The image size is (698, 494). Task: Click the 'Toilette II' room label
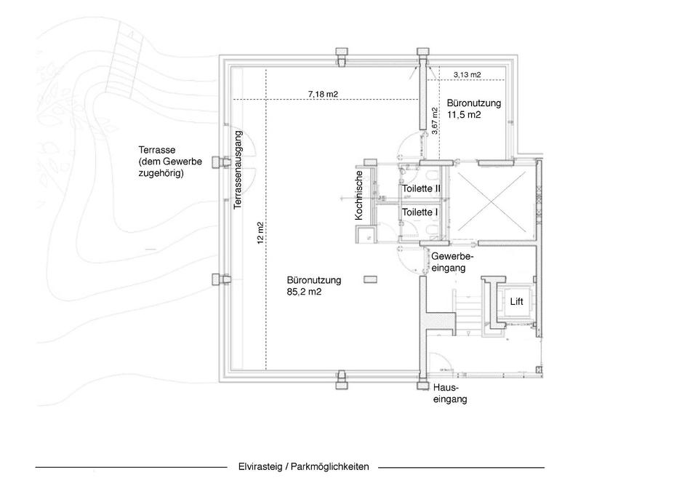[x=422, y=188]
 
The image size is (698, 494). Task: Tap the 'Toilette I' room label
[x=420, y=212]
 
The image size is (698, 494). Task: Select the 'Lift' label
[x=516, y=300]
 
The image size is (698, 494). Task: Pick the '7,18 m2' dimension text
[x=323, y=94]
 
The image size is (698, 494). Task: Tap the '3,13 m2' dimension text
[x=467, y=75]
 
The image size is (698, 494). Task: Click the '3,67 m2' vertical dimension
[x=435, y=121]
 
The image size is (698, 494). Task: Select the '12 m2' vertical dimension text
[x=260, y=233]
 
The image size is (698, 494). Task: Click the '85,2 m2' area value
[x=305, y=292]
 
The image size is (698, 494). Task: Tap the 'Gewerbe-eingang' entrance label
[x=452, y=263]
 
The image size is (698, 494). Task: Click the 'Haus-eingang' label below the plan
[x=450, y=394]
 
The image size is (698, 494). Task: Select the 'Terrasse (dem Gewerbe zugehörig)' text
[x=170, y=162]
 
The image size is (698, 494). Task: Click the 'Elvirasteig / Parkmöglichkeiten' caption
[x=303, y=467]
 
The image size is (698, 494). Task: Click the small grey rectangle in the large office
[x=371, y=278]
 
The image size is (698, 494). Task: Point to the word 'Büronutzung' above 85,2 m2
[x=314, y=279]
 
